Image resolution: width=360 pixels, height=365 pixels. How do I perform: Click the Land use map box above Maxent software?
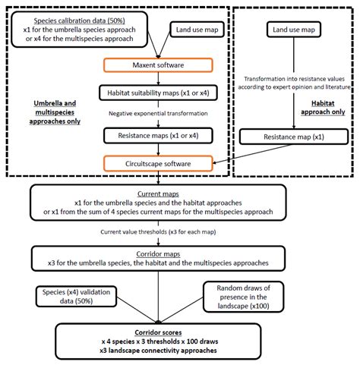click(194, 30)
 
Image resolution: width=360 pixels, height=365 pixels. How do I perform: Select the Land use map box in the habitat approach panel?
click(292, 30)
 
